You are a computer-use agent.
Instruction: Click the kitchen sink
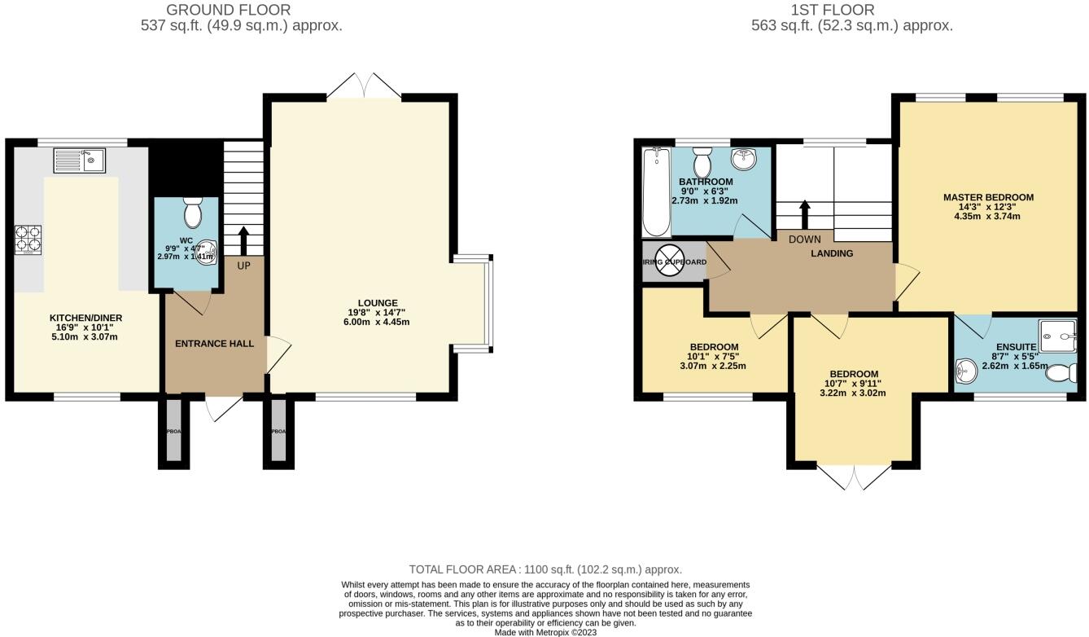pos(79,160)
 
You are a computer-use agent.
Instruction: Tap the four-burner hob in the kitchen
pos(28,239)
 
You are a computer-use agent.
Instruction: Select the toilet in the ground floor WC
pos(193,213)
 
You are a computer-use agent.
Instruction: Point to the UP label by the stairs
pos(243,266)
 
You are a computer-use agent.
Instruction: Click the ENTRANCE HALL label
pos(214,344)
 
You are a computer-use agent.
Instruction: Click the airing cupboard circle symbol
pos(674,262)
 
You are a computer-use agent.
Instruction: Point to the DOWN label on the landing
pos(804,239)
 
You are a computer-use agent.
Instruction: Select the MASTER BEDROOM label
pos(988,197)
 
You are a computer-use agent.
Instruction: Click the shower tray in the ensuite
pos(1057,333)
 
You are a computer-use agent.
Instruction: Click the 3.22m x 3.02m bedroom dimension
pos(853,393)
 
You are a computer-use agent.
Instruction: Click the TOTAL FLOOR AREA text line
pos(545,569)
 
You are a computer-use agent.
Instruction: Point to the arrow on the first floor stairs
pos(805,214)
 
